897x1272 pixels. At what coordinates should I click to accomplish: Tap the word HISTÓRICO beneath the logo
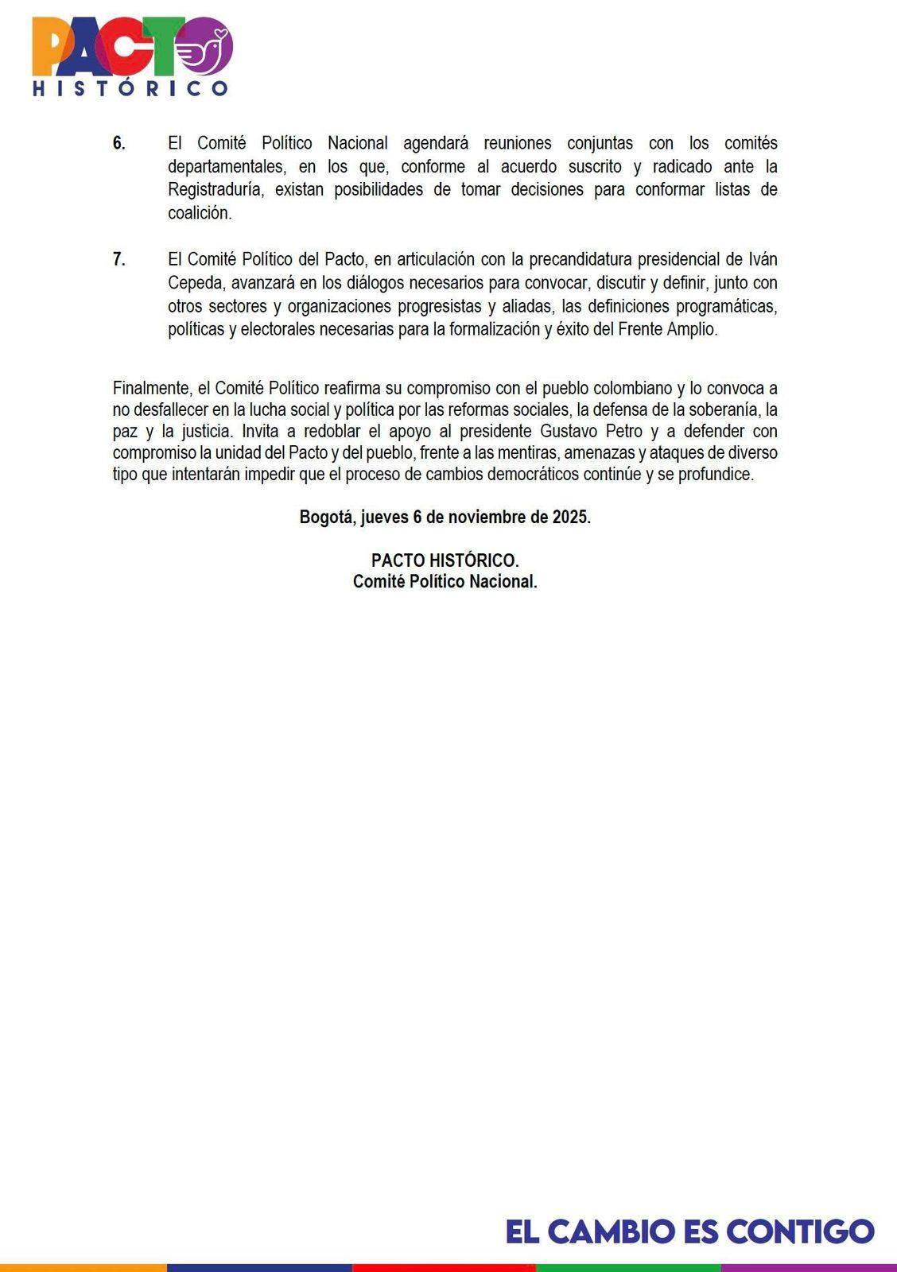[130, 87]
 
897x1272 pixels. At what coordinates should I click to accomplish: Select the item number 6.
[118, 144]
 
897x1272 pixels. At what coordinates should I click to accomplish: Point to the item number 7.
[118, 260]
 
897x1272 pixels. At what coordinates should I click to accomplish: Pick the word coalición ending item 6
[199, 213]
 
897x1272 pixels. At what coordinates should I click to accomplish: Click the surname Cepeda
[195, 283]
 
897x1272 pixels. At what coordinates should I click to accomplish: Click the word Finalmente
[151, 389]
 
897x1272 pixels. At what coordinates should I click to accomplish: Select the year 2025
[572, 517]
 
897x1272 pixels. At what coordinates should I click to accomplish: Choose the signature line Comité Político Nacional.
[445, 581]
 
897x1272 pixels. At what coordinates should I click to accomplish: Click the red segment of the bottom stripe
[444, 1267]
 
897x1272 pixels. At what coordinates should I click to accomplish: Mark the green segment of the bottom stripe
[628, 1267]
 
